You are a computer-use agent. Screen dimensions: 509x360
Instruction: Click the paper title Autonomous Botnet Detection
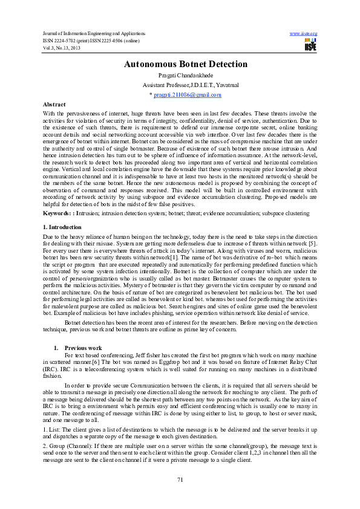coord(186,64)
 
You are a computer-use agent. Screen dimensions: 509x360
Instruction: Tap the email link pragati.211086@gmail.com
coord(187,95)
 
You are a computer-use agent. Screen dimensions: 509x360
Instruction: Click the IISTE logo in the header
coord(310,45)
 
